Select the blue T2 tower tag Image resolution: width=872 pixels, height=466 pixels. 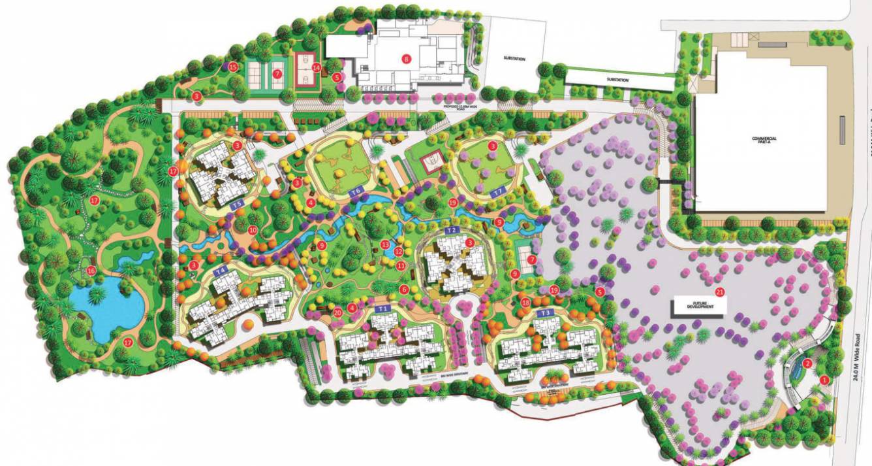[x=450, y=231]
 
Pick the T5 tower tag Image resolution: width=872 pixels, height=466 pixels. [x=238, y=204]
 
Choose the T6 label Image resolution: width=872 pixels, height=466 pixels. [x=356, y=191]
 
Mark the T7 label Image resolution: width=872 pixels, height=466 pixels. [x=498, y=191]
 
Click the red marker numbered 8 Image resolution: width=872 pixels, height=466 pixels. [x=407, y=58]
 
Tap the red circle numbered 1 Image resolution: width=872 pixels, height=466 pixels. [x=824, y=379]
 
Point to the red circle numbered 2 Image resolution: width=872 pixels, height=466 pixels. [x=807, y=364]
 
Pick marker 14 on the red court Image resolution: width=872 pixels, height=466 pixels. [x=316, y=67]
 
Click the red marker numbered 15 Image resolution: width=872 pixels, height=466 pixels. [x=233, y=67]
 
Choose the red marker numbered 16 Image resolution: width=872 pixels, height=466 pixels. [x=91, y=271]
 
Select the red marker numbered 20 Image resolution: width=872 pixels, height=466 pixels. [x=337, y=312]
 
